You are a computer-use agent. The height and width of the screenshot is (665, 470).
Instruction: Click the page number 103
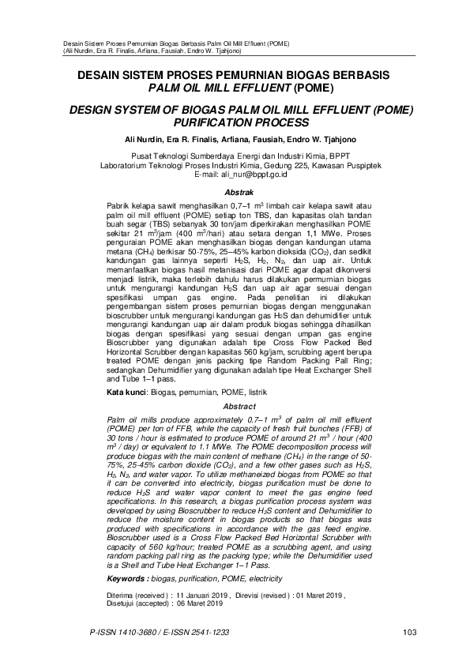click(409, 631)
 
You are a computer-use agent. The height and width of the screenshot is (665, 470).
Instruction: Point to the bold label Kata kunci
click(126, 391)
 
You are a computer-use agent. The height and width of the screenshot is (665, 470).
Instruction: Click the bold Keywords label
click(126, 556)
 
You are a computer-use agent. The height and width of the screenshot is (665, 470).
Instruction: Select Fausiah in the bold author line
click(273, 139)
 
